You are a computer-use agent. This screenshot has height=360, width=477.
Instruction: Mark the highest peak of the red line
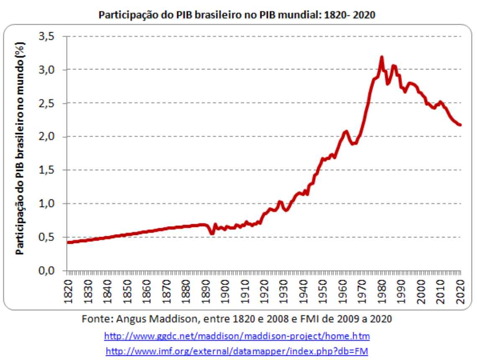click(382, 57)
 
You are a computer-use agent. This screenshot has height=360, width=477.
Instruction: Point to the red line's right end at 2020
click(460, 125)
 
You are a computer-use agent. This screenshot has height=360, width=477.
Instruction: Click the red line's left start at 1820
click(68, 242)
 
